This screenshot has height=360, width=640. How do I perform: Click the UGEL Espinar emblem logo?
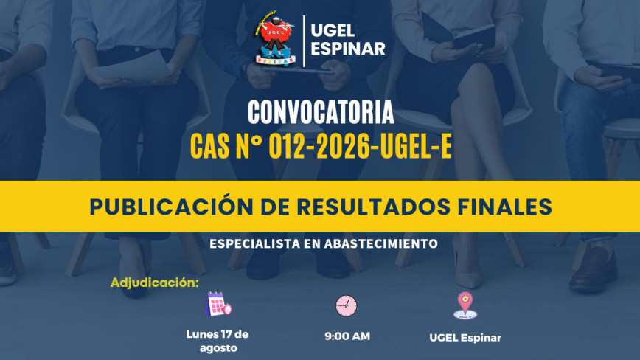coord(275,40)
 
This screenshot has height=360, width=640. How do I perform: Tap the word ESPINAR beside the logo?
coord(348,49)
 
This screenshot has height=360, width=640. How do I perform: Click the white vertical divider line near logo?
coord(304,41)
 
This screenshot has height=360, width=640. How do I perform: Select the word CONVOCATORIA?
coord(321,112)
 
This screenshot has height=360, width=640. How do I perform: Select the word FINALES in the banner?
coord(504,207)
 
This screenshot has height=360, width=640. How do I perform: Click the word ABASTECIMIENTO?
coord(380,243)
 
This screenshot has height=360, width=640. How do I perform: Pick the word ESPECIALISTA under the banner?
coord(254,243)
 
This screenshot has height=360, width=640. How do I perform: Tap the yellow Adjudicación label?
coord(154,283)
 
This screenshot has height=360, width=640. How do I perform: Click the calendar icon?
coord(218,304)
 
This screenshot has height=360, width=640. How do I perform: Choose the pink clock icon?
coord(346,305)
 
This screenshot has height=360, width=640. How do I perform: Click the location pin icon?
coord(465,305)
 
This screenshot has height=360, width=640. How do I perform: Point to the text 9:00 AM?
coord(347,336)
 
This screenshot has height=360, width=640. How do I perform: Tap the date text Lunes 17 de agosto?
coord(218,342)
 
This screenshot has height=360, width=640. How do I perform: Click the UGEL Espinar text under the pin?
coord(465,338)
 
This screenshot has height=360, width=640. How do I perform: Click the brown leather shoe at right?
coord(593,269)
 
